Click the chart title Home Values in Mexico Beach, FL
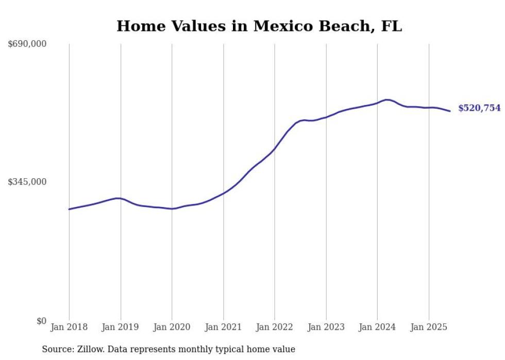click(259, 26)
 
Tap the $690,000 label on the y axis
click(27, 44)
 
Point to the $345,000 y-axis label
click(27, 182)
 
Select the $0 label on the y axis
click(41, 321)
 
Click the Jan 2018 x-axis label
click(69, 327)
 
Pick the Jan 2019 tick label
click(121, 327)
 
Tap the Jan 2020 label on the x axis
click(172, 327)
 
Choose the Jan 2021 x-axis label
click(223, 327)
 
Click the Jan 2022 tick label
click(275, 327)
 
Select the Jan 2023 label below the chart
click(326, 327)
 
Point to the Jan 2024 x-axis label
click(377, 327)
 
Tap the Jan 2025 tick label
click(429, 327)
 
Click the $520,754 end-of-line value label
click(479, 108)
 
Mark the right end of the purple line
click(450, 111)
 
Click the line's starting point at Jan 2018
click(69, 209)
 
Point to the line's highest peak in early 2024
click(386, 99)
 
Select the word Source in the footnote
click(55, 349)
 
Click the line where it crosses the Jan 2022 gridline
click(275, 148)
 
